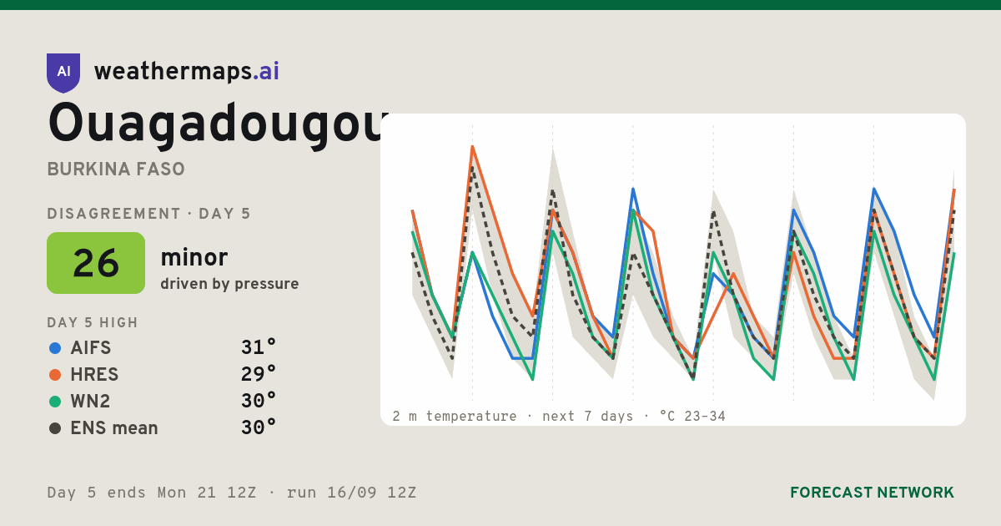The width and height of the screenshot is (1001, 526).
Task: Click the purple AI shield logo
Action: pyautogui.click(x=63, y=73)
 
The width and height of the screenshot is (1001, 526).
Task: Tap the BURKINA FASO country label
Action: pyautogui.click(x=116, y=169)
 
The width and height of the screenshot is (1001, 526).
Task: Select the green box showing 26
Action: pyautogui.click(x=96, y=263)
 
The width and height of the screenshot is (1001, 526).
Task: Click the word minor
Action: pyautogui.click(x=194, y=257)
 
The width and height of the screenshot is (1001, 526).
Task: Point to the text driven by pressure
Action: pyautogui.click(x=229, y=284)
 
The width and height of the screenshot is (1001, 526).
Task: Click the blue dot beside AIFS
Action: pyautogui.click(x=55, y=348)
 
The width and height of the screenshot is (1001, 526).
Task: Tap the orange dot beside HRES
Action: pyautogui.click(x=55, y=375)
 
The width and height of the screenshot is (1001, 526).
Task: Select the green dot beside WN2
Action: pyautogui.click(x=55, y=402)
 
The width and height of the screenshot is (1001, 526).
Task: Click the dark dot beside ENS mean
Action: pyautogui.click(x=55, y=428)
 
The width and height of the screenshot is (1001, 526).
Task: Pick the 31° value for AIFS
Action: pyautogui.click(x=259, y=347)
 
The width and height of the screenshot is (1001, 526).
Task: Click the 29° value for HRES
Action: pyautogui.click(x=259, y=374)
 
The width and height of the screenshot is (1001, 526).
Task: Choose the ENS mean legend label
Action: pyautogui.click(x=114, y=428)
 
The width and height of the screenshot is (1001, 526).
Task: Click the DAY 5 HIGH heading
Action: pyautogui.click(x=93, y=322)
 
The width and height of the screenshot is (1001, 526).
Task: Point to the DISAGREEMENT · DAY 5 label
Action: pyautogui.click(x=148, y=214)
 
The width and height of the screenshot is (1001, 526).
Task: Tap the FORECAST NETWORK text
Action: pyautogui.click(x=872, y=493)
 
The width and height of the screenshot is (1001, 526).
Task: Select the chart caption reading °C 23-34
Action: pyautogui.click(x=692, y=417)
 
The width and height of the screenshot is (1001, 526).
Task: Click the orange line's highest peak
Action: pyautogui.click(x=472, y=147)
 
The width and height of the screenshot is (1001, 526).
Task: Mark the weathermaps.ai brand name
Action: pyautogui.click(x=187, y=72)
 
